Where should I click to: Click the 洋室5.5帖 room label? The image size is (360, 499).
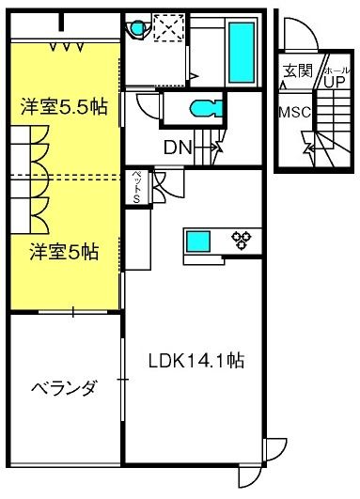[64, 107]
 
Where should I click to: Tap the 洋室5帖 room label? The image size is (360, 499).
[64, 252]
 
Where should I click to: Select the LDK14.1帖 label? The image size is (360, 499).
[196, 361]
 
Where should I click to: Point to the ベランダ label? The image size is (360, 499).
[63, 388]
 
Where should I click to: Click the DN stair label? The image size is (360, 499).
[178, 148]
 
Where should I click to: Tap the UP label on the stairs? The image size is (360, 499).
[335, 82]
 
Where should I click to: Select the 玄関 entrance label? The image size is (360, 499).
[298, 70]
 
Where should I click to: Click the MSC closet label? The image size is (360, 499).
[295, 112]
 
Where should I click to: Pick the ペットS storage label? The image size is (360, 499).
[137, 187]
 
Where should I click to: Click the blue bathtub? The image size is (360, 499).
[242, 53]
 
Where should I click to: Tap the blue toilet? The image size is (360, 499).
[206, 108]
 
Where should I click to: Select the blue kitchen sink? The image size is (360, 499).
[198, 242]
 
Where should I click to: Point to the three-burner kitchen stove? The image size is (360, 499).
[242, 240]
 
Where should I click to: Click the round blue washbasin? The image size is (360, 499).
[138, 27]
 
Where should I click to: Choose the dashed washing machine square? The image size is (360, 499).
[168, 27]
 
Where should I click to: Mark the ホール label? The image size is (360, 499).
[337, 70]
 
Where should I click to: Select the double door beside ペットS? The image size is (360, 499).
[164, 184]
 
